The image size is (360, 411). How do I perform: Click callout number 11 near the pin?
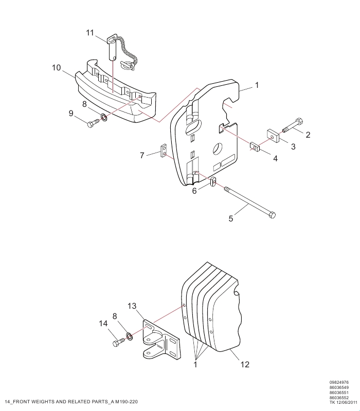pyautogui.click(x=89, y=33)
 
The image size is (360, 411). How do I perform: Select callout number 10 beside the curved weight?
pyautogui.click(x=56, y=68)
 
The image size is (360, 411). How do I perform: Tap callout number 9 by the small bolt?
pyautogui.click(x=71, y=113)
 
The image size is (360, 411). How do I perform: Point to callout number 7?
pyautogui.click(x=142, y=156)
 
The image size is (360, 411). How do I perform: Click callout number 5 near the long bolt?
pyautogui.click(x=230, y=219)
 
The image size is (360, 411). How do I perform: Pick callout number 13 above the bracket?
pyautogui.click(x=132, y=306)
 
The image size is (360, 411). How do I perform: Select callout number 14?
pyautogui.click(x=103, y=324)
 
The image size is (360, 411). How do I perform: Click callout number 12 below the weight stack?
pyautogui.click(x=245, y=364)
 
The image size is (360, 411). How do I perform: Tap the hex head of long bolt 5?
pyautogui.click(x=273, y=215)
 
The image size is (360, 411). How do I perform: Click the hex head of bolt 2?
pyautogui.click(x=299, y=122)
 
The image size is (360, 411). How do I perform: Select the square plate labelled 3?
pyautogui.click(x=273, y=136)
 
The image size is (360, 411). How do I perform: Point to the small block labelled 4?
pyautogui.click(x=255, y=146)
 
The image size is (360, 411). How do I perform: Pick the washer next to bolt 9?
pyautogui.click(x=104, y=118)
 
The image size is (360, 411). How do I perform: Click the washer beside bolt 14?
pyautogui.click(x=130, y=336)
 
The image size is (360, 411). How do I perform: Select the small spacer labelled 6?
pyautogui.click(x=213, y=181)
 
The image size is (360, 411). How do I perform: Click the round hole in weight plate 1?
pyautogui.click(x=218, y=148)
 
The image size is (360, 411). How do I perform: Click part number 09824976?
pyautogui.click(x=339, y=382)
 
